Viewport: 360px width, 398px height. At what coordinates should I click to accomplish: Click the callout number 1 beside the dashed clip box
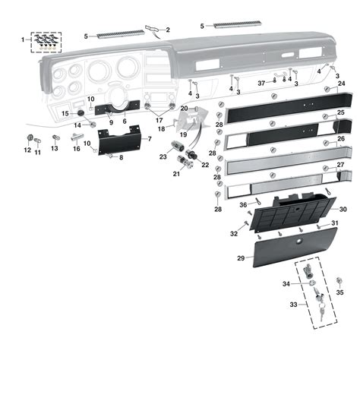[x=23, y=39]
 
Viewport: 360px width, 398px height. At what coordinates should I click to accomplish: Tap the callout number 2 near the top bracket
[x=168, y=30]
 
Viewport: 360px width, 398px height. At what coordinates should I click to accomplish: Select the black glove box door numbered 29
[x=295, y=247]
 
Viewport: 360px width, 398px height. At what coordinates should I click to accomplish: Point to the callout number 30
[x=343, y=209]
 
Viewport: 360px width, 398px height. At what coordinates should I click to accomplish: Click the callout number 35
[x=339, y=292]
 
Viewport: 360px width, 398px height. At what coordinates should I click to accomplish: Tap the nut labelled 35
[x=339, y=280]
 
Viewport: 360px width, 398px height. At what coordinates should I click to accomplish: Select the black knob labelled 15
[x=81, y=113]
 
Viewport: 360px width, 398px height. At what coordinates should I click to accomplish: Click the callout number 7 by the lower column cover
[x=150, y=139]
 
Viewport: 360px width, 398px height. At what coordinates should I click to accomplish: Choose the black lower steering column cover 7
[x=119, y=141]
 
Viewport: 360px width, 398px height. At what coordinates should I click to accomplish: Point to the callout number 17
[x=159, y=120]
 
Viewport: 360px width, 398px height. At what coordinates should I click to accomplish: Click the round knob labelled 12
[x=30, y=137]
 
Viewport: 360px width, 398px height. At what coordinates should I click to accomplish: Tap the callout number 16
[x=77, y=149]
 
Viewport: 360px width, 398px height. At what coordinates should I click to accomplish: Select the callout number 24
[x=342, y=84]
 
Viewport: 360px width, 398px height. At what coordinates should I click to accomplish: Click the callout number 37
[x=261, y=84]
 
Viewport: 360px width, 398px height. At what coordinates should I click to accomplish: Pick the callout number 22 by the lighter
[x=205, y=165]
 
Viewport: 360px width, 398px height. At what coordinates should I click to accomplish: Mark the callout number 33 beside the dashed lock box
[x=293, y=305]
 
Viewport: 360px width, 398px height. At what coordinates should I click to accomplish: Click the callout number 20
[x=184, y=109]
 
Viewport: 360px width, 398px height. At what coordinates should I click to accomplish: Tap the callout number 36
[x=243, y=205]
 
